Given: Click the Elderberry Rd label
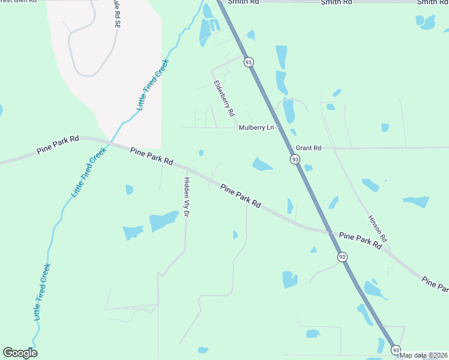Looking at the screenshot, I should tap(223, 98).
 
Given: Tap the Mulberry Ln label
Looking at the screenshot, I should tap(256, 128).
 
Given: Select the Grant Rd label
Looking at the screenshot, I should tap(309, 148).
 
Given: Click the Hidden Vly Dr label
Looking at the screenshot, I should tap(187, 197).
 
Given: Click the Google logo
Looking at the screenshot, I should tap(20, 353).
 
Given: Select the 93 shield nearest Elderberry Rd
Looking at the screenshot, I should tap(249, 62).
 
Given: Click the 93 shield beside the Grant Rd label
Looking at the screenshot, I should tap(295, 160).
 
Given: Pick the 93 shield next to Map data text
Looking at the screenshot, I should tap(396, 349).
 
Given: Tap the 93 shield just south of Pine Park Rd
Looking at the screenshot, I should tap(342, 257).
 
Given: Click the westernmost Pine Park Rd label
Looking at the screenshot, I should tap(58, 145).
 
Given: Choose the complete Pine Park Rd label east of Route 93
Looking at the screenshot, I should tap(360, 241).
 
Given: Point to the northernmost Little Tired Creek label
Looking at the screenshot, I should tap(154, 84).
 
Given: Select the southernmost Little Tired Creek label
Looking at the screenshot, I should tap(42, 292).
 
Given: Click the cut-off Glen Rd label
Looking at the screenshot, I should tap(18, 2).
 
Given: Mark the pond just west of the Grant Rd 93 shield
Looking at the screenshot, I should tap(262, 164).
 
